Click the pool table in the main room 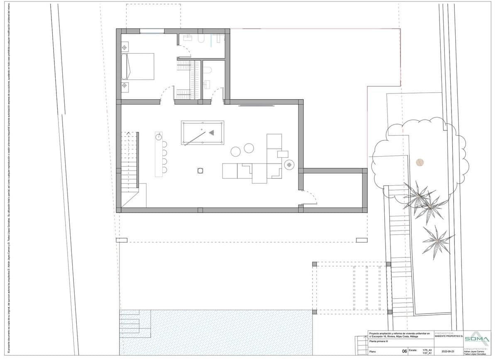click(203, 132)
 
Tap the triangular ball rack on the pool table click(212, 133)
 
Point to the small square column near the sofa click(200, 170)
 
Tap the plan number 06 click(405, 351)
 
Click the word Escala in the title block click(413, 350)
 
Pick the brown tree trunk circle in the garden click(420, 162)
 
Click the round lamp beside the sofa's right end click(289, 165)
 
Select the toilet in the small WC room click(207, 69)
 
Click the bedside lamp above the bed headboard click(124, 48)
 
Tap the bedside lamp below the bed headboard click(124, 86)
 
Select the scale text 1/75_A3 click(427, 350)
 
